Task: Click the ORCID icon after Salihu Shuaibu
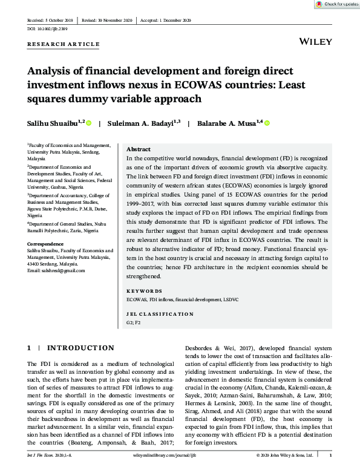click(x=88, y=123)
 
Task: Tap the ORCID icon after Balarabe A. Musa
click(x=267, y=123)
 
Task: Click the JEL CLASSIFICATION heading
click(x=159, y=315)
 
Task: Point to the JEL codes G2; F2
click(x=133, y=324)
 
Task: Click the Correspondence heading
click(x=46, y=243)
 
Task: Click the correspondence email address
click(x=56, y=270)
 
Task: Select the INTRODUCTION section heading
click(x=80, y=348)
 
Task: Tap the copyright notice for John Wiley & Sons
click(x=284, y=454)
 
